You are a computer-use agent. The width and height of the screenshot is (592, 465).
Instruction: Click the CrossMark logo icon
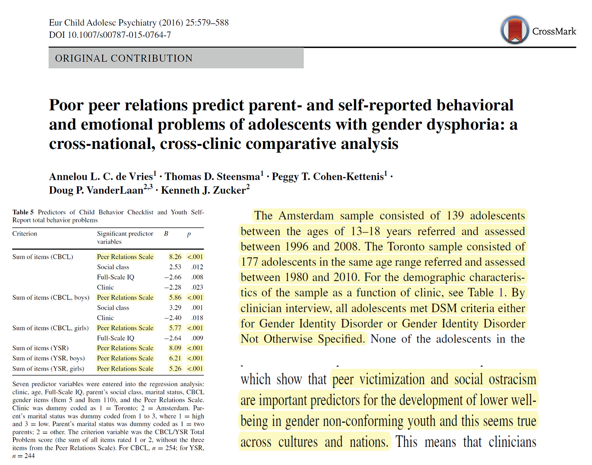pyautogui.click(x=515, y=30)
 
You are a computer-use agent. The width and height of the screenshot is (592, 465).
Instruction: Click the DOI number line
pyautogui.click(x=110, y=35)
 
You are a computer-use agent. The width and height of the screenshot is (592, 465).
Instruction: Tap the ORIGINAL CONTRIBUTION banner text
pyautogui.click(x=124, y=58)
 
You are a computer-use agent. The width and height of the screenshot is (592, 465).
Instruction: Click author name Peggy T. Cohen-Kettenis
pyautogui.click(x=328, y=177)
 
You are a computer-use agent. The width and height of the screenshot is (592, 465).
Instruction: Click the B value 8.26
pyautogui.click(x=175, y=257)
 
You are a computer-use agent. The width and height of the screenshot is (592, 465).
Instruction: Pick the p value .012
pyautogui.click(x=197, y=267)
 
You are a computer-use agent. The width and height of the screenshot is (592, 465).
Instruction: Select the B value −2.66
pyautogui.click(x=173, y=277)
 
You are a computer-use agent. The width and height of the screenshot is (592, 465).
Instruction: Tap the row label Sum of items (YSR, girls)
pyautogui.click(x=48, y=369)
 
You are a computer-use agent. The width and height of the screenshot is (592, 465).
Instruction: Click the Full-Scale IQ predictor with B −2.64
pyautogui.click(x=115, y=338)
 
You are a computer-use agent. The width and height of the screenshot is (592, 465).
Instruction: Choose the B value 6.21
pyautogui.click(x=175, y=358)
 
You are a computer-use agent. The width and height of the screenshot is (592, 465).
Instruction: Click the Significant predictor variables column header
pyautogui.click(x=125, y=238)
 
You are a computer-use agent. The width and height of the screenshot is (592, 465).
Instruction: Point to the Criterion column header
pyautogui.click(x=24, y=234)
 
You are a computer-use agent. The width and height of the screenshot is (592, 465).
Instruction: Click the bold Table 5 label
pyautogui.click(x=23, y=212)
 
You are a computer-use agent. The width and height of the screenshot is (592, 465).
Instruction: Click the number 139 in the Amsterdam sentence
pyautogui.click(x=455, y=216)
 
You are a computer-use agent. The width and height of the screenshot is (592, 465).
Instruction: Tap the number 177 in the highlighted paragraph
pyautogui.click(x=250, y=262)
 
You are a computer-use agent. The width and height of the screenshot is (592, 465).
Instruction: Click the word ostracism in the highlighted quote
pyautogui.click(x=512, y=379)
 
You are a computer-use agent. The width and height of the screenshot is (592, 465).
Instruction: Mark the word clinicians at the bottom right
pyautogui.click(x=512, y=442)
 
